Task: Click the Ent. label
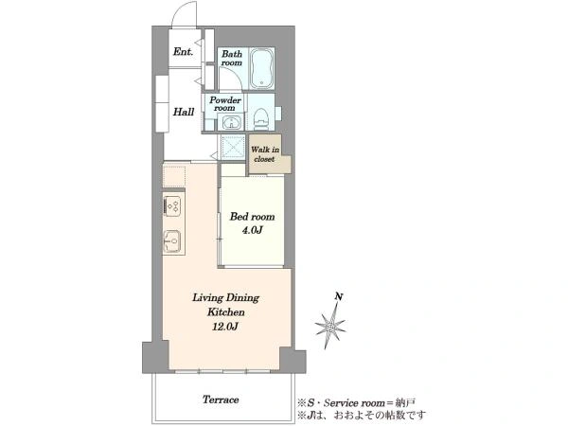183,52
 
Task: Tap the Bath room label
232,58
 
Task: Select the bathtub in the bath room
262,68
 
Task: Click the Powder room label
225,103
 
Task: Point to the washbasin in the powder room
230,123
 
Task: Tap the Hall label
184,112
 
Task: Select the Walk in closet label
265,154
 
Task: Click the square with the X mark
232,147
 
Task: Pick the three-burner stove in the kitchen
172,205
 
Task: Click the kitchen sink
172,240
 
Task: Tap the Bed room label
252,217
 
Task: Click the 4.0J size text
252,230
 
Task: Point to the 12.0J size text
225,327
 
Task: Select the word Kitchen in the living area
225,311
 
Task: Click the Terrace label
221,399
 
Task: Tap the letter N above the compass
339,296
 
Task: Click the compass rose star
330,326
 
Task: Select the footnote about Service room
356,402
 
